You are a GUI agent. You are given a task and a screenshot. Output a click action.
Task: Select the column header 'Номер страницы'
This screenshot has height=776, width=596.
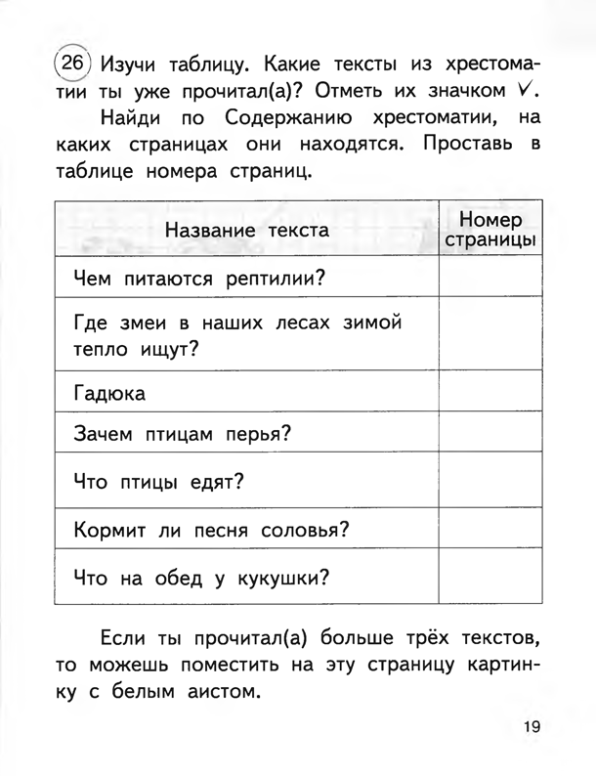point(490,231)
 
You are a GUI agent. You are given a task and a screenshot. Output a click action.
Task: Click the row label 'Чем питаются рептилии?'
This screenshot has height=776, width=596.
point(199,280)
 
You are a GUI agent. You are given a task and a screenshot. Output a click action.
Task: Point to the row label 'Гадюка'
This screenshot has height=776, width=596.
point(109,394)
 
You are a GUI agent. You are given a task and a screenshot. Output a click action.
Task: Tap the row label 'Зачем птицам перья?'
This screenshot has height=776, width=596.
point(183,435)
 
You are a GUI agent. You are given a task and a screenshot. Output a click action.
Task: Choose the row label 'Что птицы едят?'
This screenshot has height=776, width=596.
point(157,481)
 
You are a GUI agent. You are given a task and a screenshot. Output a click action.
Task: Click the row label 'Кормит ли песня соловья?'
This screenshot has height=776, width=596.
point(212,531)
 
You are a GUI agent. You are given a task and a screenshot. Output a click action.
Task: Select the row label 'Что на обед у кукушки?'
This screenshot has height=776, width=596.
point(200,579)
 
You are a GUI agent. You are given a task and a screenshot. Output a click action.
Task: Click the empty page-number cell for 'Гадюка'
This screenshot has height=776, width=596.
point(490,394)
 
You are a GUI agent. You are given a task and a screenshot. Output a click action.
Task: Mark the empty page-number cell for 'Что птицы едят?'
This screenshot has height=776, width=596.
point(490,481)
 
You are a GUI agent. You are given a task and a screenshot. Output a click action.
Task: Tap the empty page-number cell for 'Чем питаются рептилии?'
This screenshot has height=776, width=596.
point(490,280)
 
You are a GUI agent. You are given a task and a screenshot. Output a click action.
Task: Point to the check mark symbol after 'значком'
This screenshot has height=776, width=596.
point(526,90)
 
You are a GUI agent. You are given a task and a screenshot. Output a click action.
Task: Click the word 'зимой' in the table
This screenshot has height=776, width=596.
point(367,323)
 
